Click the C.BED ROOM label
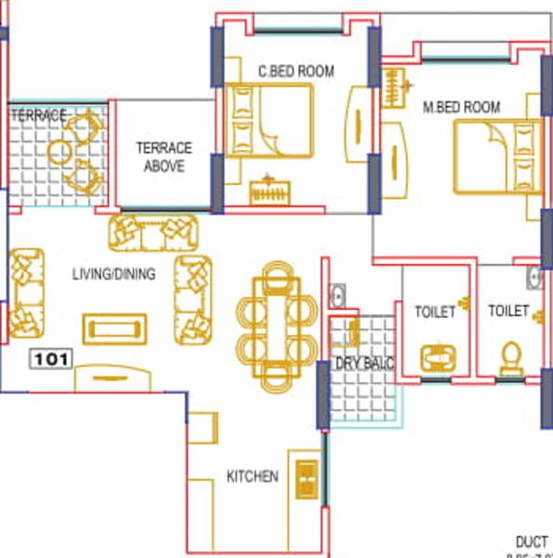tap(296, 71)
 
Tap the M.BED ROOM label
tap(461, 108)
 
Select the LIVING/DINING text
tap(113, 274)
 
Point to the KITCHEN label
tap(252, 477)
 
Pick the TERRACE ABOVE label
tap(164, 156)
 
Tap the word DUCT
tap(533, 542)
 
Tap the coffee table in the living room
tap(115, 328)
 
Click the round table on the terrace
tap(61, 151)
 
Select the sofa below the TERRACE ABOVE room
tap(153, 232)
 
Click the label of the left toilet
tap(435, 312)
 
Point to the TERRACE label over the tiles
tap(38, 116)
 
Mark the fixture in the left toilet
tap(435, 358)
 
